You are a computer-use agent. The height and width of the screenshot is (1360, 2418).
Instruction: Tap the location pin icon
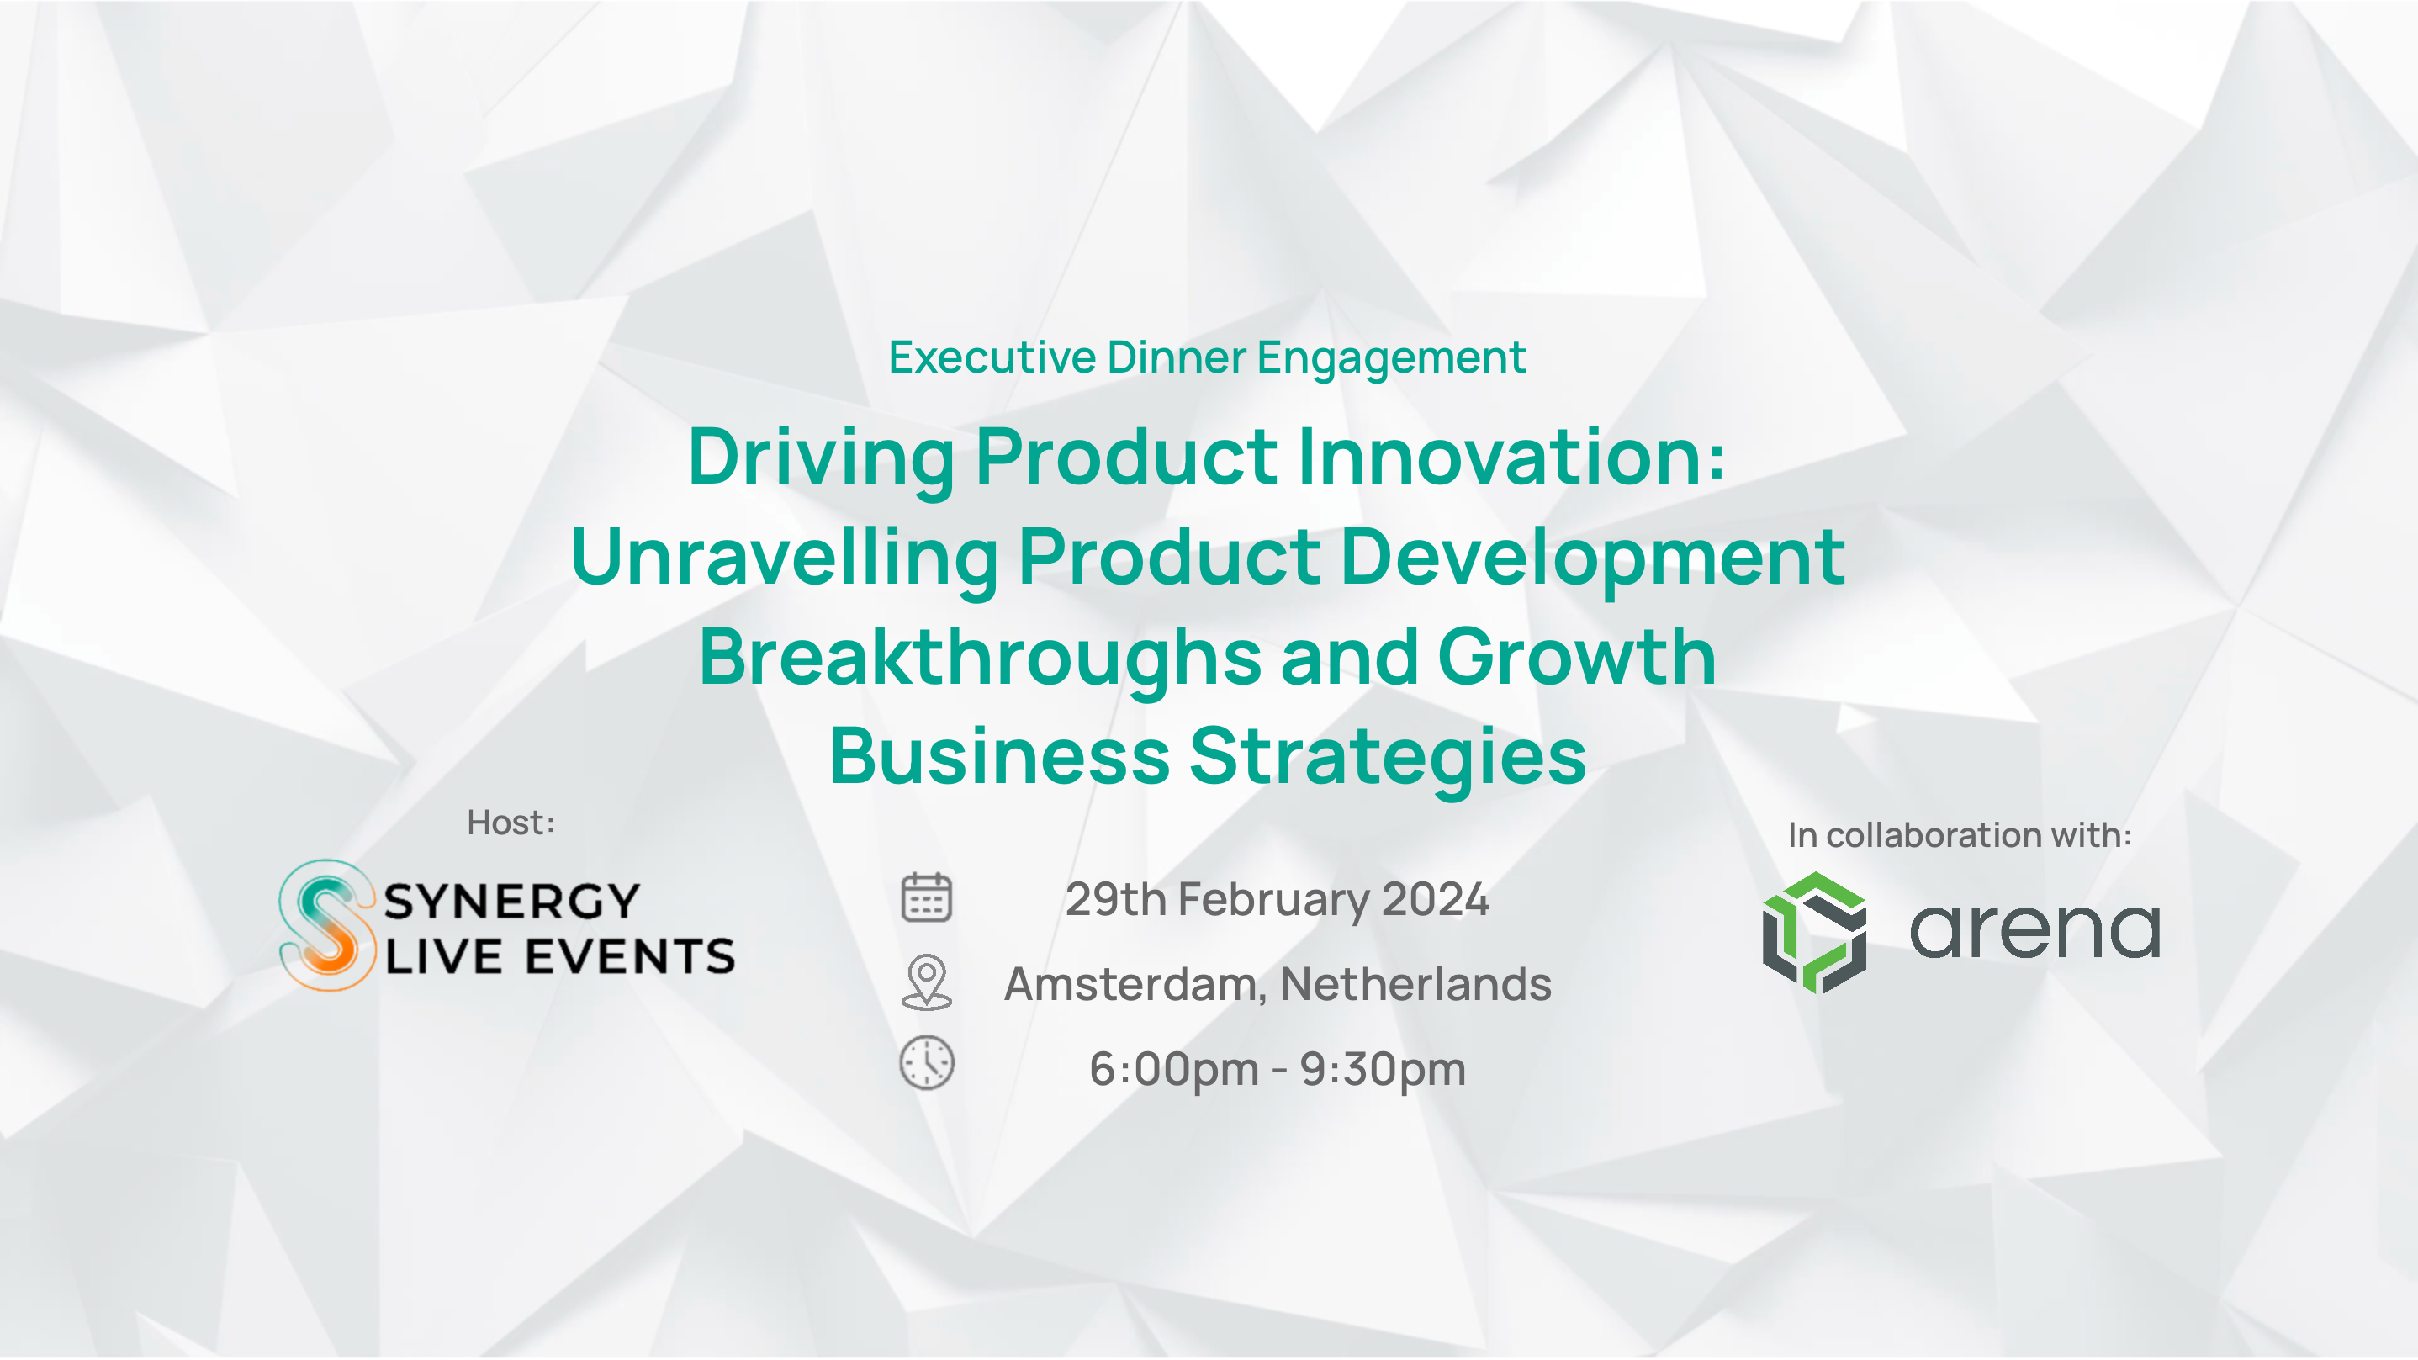927,982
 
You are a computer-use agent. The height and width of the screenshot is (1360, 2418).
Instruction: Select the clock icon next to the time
927,1063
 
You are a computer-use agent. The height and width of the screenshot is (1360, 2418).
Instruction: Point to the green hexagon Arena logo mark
1813,932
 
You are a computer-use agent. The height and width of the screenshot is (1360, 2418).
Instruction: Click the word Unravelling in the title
784,557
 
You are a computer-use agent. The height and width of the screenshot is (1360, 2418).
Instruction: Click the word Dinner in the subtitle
1177,357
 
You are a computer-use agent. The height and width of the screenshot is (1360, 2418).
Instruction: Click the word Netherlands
1415,984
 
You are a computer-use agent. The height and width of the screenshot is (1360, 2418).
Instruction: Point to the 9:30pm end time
1383,1070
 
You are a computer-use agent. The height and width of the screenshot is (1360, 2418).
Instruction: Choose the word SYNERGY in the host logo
511,901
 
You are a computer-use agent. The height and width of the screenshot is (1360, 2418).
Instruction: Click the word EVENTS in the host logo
629,956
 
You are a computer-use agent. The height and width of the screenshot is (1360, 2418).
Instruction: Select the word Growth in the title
1576,657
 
